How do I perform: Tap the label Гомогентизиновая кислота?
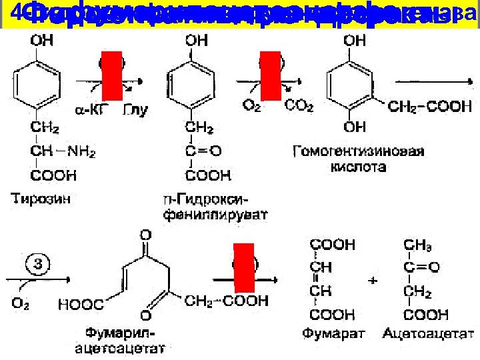tap(358, 159)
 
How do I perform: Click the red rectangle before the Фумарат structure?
tap(243, 272)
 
